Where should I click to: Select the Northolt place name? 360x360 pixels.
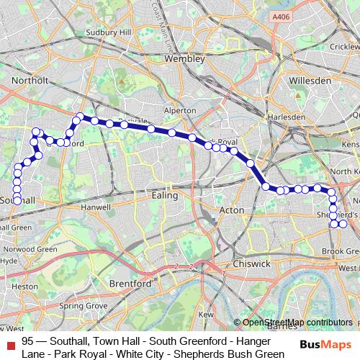click(30, 81)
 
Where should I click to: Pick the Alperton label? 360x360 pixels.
click(180, 111)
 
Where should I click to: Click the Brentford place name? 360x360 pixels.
click(129, 284)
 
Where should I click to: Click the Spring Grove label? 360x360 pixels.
click(79, 305)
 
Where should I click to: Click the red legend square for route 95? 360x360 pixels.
click(9, 346)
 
